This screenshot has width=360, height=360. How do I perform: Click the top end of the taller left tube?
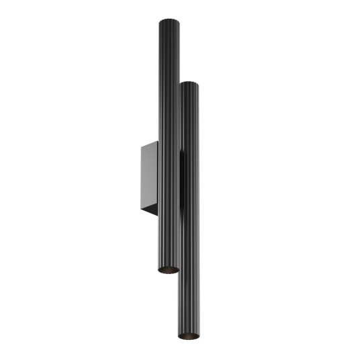[168, 22]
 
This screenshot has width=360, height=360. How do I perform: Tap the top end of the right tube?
[189, 83]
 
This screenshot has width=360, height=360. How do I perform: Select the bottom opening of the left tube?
[168, 269]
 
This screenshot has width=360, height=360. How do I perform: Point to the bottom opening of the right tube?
[189, 334]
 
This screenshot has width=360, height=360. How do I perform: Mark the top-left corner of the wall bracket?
[140, 148]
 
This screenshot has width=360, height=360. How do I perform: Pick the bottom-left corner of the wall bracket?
[140, 209]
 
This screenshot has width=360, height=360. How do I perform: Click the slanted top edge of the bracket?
[149, 145]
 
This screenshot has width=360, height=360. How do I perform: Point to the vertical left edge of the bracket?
[140, 179]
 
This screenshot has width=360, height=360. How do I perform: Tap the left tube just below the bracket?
[168, 235]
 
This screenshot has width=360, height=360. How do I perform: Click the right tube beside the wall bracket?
[189, 179]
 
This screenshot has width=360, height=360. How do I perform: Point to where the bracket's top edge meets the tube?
[157, 142]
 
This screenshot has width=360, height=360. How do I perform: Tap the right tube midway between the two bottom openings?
[189, 302]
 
